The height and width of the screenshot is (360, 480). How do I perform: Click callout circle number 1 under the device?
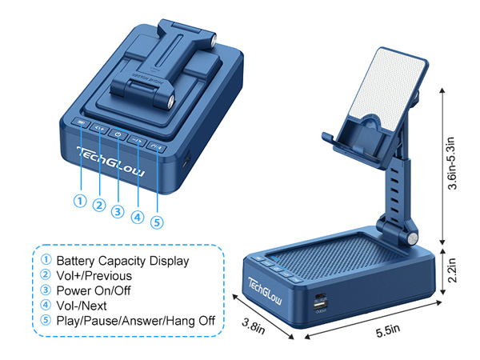click(x=78, y=200)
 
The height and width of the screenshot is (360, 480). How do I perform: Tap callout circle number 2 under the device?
click(x=98, y=206)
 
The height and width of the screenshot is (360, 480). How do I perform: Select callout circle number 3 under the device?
click(x=118, y=211)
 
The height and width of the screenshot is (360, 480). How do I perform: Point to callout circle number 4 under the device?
click(x=138, y=216)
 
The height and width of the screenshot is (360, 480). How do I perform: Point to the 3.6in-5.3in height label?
click(x=454, y=163)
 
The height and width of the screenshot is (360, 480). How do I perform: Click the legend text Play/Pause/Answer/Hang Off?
click(x=135, y=321)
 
